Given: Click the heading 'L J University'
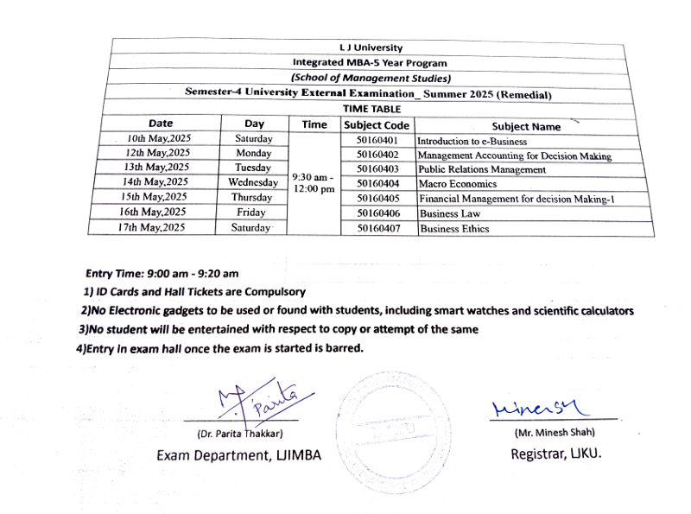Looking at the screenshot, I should [371, 48].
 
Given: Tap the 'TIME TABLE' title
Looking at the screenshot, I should [371, 109].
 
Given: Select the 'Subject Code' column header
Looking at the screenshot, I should [376, 125].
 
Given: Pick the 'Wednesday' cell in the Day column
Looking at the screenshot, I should [253, 182].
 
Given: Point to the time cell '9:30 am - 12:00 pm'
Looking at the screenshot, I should [314, 183].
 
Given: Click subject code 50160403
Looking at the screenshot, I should [377, 168].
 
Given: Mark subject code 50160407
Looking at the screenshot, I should [377, 228].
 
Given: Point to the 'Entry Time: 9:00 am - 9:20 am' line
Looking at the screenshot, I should [162, 274].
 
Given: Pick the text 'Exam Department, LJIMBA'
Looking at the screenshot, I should [238, 455].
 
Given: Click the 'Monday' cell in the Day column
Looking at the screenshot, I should [253, 153].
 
